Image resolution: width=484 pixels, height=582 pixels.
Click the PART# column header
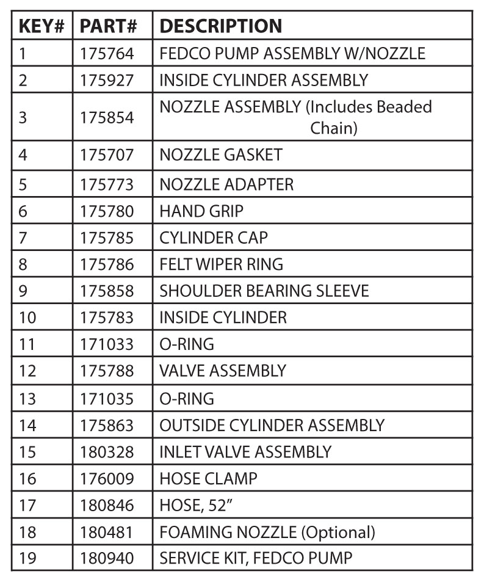[x=108, y=26]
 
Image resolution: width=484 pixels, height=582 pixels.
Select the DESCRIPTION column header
[x=220, y=26]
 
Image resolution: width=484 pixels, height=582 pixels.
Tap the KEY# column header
[x=42, y=26]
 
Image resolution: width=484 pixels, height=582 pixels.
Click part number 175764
[x=107, y=54]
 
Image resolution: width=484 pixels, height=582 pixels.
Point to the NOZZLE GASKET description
[x=220, y=155]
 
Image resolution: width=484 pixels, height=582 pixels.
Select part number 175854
[x=107, y=117]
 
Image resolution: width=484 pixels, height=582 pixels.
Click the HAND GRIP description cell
[x=201, y=211]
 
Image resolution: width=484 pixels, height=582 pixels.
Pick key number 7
[x=23, y=238]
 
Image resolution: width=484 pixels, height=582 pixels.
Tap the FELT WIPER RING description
[x=221, y=264]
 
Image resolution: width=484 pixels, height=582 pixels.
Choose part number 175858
[x=107, y=291]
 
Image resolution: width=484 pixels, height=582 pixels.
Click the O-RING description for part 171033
[x=186, y=344]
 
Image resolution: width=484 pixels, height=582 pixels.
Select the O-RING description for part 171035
[x=186, y=399]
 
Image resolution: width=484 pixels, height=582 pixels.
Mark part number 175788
[x=107, y=371]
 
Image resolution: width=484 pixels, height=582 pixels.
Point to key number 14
[x=27, y=426]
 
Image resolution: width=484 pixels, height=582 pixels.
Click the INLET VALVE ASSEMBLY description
[x=245, y=453]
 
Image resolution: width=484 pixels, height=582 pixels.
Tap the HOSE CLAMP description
[x=208, y=479]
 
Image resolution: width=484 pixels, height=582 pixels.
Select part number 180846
[x=107, y=506]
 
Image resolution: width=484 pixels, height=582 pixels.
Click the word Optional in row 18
[x=338, y=533]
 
